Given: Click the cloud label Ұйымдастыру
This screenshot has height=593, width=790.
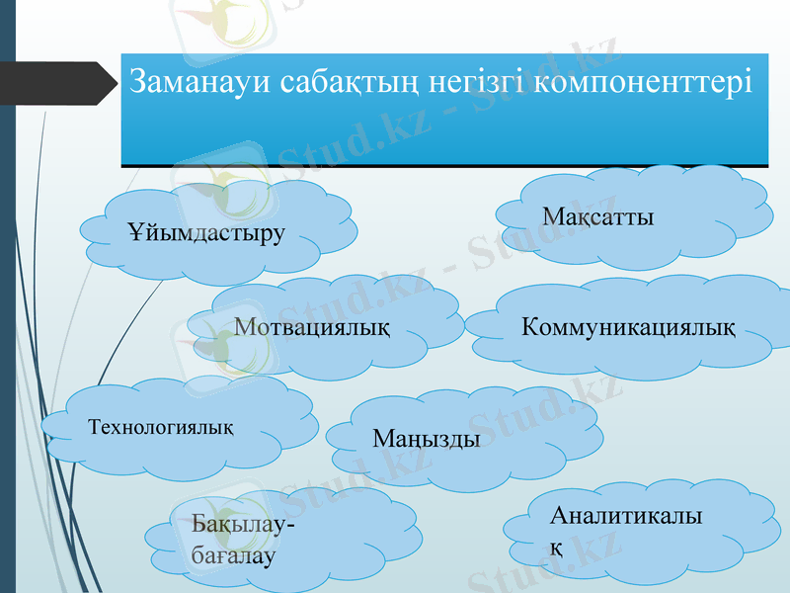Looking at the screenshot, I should [x=206, y=233].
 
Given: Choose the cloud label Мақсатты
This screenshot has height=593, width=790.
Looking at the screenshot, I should [x=598, y=215].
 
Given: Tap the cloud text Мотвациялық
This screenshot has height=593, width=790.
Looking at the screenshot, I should [x=312, y=325].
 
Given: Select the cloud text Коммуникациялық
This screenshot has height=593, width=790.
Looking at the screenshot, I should [x=628, y=325].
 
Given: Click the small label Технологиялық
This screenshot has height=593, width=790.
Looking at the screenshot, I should [x=161, y=427].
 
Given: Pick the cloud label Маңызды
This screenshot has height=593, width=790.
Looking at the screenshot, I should [x=427, y=437].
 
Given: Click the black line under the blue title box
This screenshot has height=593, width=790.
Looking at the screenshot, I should [x=444, y=165].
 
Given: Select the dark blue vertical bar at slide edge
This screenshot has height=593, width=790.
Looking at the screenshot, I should [x=7, y=296].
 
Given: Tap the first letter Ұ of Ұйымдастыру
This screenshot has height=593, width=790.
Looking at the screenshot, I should [x=135, y=233].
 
